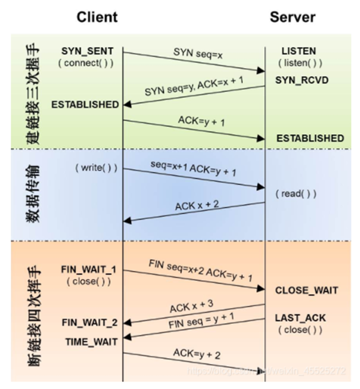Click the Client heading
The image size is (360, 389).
pos(97,17)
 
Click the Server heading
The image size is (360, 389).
pos(292,17)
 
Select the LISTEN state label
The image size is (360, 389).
pos(299,52)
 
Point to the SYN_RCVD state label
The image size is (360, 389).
pos(302,81)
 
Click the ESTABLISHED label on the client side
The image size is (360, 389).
pos(85,104)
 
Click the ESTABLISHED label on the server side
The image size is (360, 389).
pos(310,138)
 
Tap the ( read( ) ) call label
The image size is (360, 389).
pos(296,194)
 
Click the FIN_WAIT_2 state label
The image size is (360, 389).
pos(88,323)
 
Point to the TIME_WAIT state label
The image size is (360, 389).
pos(91,342)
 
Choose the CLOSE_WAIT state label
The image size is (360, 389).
pos(306,290)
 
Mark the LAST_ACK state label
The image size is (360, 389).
pos(299,318)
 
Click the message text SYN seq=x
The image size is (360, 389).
pos(198,53)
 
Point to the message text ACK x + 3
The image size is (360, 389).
pos(191,307)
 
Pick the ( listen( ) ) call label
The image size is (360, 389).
pos(300,63)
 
